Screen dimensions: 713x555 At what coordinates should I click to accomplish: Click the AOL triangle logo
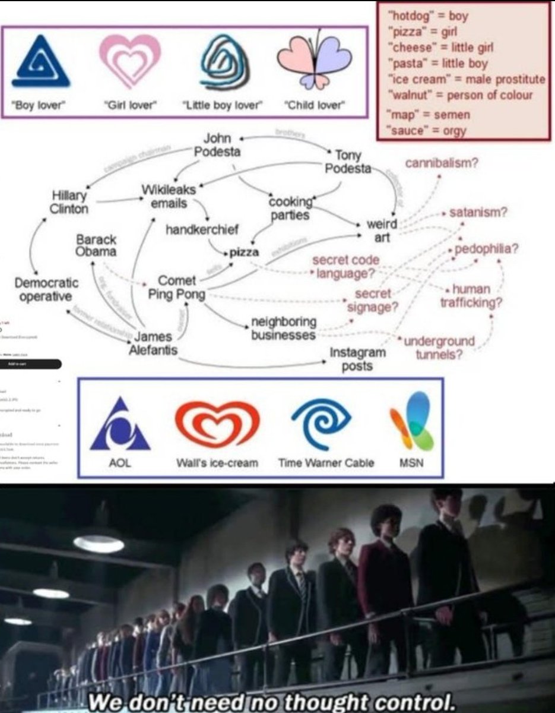coord(120,425)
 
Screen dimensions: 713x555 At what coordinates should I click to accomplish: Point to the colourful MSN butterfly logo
coord(412,421)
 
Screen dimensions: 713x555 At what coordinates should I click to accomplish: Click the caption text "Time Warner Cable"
coord(326,462)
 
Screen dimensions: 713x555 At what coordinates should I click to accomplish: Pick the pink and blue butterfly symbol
coord(315,62)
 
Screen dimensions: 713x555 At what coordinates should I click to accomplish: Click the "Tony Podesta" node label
coord(348,161)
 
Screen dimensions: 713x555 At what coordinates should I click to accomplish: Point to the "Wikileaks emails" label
coord(164,196)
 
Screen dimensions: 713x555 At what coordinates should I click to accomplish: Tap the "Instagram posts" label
coord(357,358)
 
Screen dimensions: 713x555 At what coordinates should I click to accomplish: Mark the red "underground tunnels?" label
coord(439,348)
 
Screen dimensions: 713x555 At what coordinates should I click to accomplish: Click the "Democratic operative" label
coord(45,289)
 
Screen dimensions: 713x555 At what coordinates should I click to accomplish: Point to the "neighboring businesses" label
coord(283,329)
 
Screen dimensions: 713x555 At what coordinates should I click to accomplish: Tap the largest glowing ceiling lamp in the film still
coord(99,542)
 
